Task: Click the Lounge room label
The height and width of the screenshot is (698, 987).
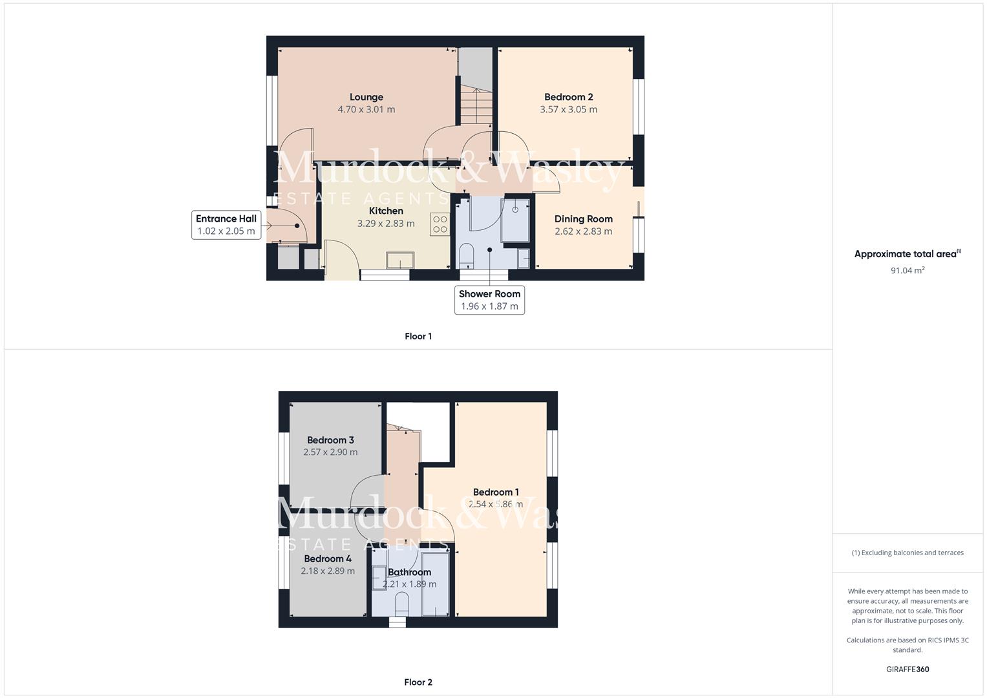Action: click(366, 98)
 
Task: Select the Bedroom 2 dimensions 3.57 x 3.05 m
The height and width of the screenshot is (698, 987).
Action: click(568, 109)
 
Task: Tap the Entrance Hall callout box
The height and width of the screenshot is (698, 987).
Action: click(226, 225)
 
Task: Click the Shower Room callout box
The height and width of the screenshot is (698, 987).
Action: click(489, 300)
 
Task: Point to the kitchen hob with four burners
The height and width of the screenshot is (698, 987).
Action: click(440, 224)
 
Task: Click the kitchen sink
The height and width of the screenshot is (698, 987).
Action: click(400, 260)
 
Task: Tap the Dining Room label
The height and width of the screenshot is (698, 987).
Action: click(583, 219)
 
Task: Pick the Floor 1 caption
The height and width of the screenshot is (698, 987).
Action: click(418, 336)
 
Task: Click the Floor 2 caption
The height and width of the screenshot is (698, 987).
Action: click(418, 682)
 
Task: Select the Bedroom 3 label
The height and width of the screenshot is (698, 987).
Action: click(330, 440)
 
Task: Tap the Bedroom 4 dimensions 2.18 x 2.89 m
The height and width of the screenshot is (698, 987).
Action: click(328, 571)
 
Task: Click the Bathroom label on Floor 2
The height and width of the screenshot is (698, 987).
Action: click(409, 572)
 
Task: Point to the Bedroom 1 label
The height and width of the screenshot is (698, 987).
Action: click(496, 492)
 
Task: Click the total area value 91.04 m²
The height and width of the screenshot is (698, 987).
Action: click(907, 270)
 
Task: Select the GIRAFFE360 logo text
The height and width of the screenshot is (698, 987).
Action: click(907, 669)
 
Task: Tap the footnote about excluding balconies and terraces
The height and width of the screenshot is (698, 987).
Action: click(907, 553)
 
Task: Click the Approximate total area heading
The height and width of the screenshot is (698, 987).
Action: click(907, 254)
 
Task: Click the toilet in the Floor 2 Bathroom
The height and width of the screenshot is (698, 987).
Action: click(402, 604)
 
